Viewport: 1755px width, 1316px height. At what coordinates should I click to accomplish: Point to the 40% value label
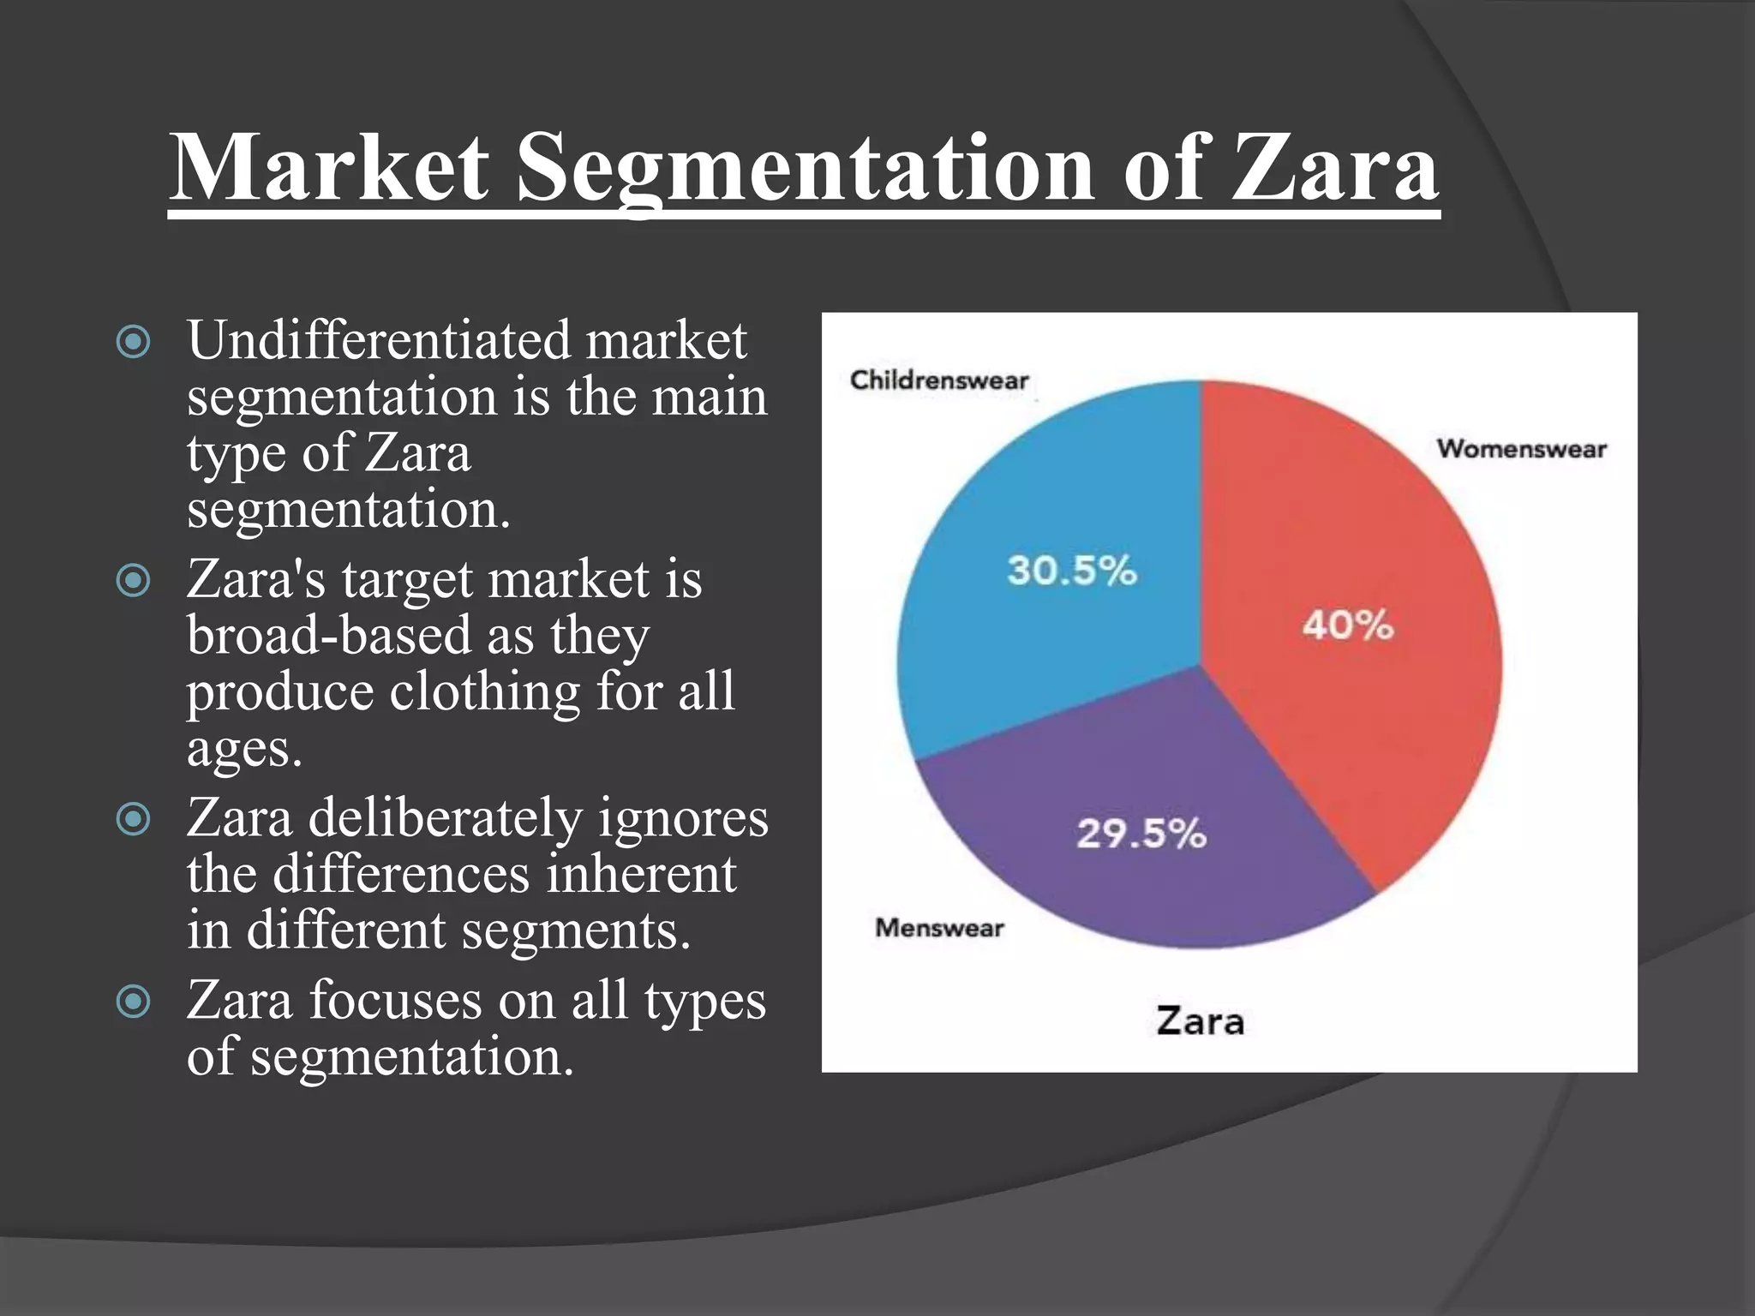1348,625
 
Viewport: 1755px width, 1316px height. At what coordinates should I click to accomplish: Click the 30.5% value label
1071,571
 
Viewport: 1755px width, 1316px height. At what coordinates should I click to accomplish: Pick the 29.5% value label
1141,834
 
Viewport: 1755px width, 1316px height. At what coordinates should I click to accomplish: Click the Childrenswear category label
939,380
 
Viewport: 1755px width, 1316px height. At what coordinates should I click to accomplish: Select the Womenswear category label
1522,449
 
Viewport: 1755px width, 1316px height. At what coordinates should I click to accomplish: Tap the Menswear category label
939,928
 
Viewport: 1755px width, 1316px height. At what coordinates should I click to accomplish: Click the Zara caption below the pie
1200,1021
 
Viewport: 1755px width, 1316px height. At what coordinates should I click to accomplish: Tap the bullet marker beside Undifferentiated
134,343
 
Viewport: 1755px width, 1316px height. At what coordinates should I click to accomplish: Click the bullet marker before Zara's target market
134,582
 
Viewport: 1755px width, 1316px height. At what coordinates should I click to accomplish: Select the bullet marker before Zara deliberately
134,820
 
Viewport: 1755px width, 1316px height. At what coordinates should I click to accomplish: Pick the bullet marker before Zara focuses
134,1002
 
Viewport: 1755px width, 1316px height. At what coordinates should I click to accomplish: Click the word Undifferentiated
379,340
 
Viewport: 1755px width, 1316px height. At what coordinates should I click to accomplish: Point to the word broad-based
328,635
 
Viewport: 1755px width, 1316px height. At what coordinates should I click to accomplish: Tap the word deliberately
445,818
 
